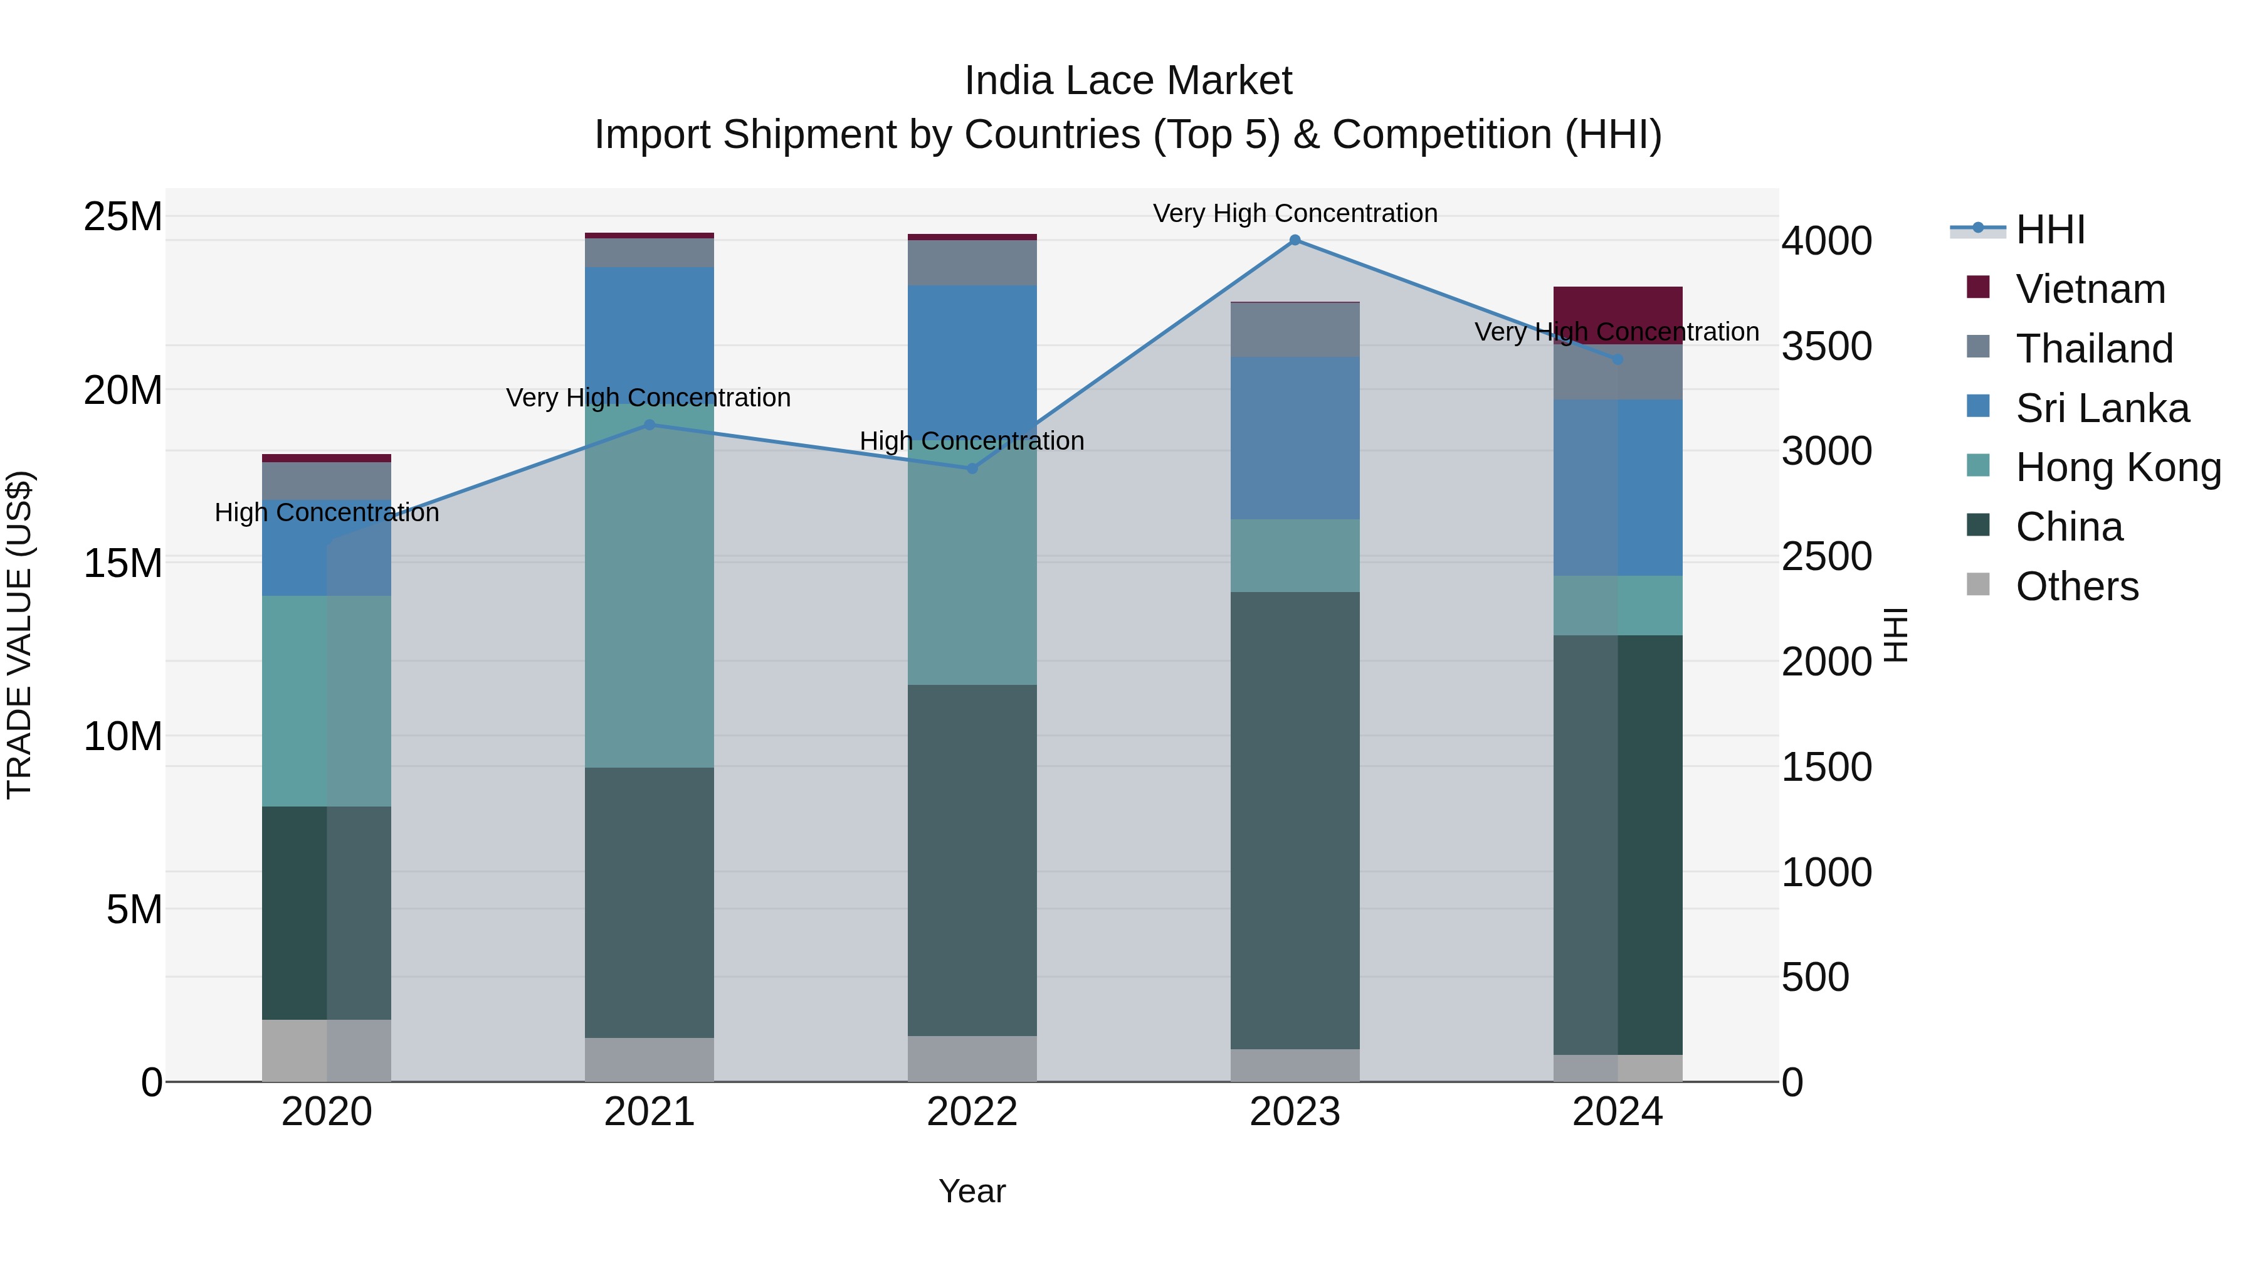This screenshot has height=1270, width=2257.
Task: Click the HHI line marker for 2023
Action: click(1295, 240)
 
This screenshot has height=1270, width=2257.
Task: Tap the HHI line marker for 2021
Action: click(650, 425)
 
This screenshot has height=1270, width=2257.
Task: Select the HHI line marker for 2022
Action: click(972, 469)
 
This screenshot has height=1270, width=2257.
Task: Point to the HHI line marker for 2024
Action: click(1618, 359)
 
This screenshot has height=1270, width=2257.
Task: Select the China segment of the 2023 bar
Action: click(1295, 820)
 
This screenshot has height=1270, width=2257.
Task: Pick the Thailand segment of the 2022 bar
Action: click(972, 263)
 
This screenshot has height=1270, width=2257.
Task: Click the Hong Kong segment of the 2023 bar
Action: click(1295, 555)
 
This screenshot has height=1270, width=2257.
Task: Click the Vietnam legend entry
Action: click(2090, 289)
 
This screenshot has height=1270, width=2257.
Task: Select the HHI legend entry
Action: click(2049, 230)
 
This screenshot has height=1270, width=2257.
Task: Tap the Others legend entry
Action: click(2076, 586)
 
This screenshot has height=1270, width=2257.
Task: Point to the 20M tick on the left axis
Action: click(123, 390)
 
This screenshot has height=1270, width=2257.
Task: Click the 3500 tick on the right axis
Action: click(1827, 346)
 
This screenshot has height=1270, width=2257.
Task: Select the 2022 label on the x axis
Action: click(972, 1112)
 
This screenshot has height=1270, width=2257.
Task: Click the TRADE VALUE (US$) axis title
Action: click(19, 635)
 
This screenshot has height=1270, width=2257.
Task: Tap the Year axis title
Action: click(972, 1191)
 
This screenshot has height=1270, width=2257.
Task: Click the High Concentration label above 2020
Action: click(327, 513)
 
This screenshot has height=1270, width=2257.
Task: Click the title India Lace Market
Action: click(1128, 81)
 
